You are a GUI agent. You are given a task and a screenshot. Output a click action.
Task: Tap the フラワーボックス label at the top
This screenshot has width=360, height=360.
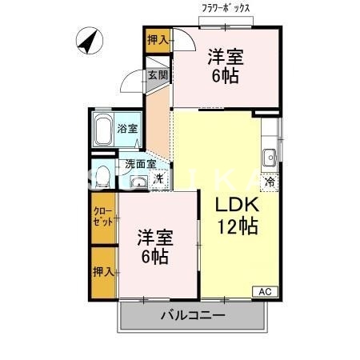point(226,9)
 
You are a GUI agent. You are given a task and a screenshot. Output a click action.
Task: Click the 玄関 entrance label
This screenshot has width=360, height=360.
point(158,77)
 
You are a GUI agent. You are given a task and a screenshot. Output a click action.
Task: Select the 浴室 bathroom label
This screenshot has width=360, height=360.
point(128,128)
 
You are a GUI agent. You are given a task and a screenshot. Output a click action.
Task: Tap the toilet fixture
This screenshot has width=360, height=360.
point(99,177)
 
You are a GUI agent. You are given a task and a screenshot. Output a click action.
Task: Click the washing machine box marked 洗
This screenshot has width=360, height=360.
point(159,179)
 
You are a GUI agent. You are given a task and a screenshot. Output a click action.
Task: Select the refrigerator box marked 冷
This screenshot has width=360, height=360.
point(270,181)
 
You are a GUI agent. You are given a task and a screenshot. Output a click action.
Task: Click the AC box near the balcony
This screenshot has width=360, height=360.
point(264,292)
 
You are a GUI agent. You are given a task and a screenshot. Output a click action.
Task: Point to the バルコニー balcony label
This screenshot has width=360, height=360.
point(192,315)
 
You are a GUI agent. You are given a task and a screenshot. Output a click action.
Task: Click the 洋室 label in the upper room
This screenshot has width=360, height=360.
point(225,57)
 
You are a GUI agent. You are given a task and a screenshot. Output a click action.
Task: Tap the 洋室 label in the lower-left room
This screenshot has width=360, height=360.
point(154,237)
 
